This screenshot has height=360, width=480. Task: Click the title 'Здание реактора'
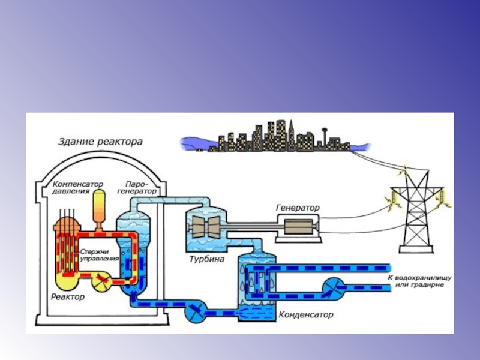[x=100, y=142]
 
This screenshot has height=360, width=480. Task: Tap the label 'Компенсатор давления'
[x=77, y=187]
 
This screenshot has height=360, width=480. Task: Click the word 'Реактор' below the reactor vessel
[x=68, y=297]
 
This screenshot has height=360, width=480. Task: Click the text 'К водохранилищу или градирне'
[x=419, y=281]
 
